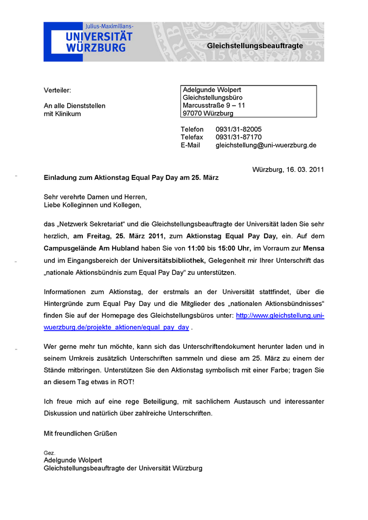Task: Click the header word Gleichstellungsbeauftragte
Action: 255,46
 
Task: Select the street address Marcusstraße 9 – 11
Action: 214,105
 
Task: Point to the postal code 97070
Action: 193,113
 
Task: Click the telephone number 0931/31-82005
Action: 238,129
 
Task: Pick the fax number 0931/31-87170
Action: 238,138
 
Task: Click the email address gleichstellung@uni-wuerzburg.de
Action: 266,145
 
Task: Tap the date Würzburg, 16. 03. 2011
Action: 288,170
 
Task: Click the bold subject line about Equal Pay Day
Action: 131,178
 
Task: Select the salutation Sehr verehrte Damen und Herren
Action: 95,197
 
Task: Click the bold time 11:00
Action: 196,248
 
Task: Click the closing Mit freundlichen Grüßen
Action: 80,433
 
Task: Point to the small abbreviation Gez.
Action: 49,452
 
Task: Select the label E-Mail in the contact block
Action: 190,145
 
